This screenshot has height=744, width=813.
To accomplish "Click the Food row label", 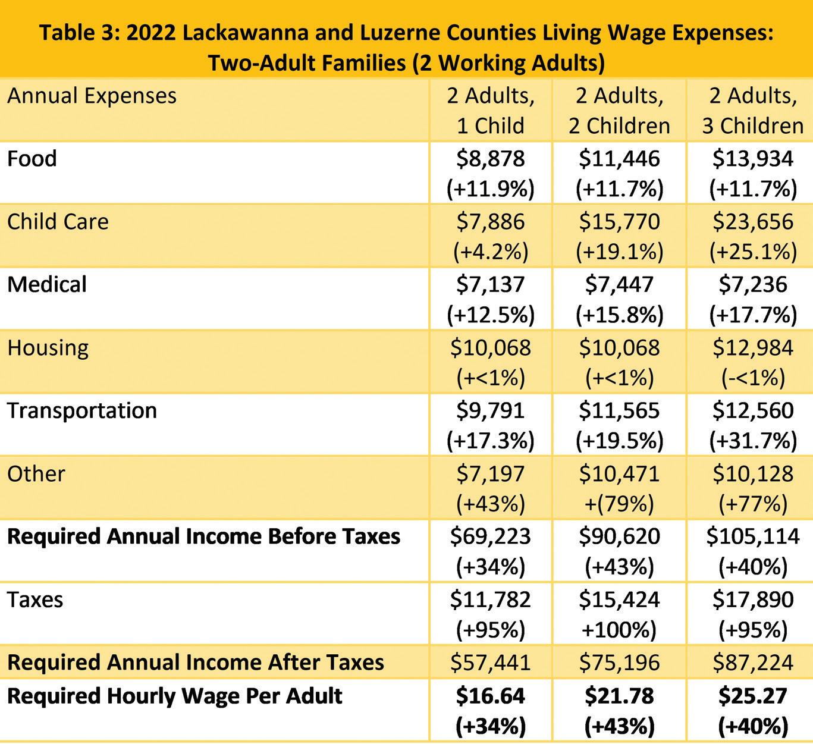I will pos(32,159).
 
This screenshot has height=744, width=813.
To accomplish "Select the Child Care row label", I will pos(58,222).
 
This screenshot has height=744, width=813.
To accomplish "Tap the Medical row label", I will pos(47,284).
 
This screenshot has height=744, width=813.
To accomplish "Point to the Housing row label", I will pos(48,348).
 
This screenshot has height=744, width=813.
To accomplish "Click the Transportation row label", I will pos(82,410).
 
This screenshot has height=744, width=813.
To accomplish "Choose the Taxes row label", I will pos(35,599).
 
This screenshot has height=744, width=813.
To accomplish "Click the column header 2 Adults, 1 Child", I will pos(491,111).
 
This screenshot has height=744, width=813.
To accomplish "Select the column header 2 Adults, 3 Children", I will pos(752,111).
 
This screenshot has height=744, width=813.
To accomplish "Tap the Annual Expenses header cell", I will pos(92,96).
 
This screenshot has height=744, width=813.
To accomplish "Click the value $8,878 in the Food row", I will pos(491,159).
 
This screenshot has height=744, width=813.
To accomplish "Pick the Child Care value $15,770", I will pos(619,222).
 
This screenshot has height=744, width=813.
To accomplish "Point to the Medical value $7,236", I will pos(752,284).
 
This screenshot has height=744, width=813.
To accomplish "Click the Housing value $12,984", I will pos(752,348).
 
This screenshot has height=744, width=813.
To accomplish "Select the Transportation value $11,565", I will pos(619,410).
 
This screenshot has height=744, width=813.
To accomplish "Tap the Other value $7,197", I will pos(491,473).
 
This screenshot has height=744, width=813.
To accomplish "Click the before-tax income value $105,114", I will pos(752,536).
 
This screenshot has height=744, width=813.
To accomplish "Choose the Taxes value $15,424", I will pos(619,599).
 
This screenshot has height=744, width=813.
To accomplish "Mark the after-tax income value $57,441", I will pos(491,662).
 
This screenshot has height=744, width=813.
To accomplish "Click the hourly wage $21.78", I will pos(619,696).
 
